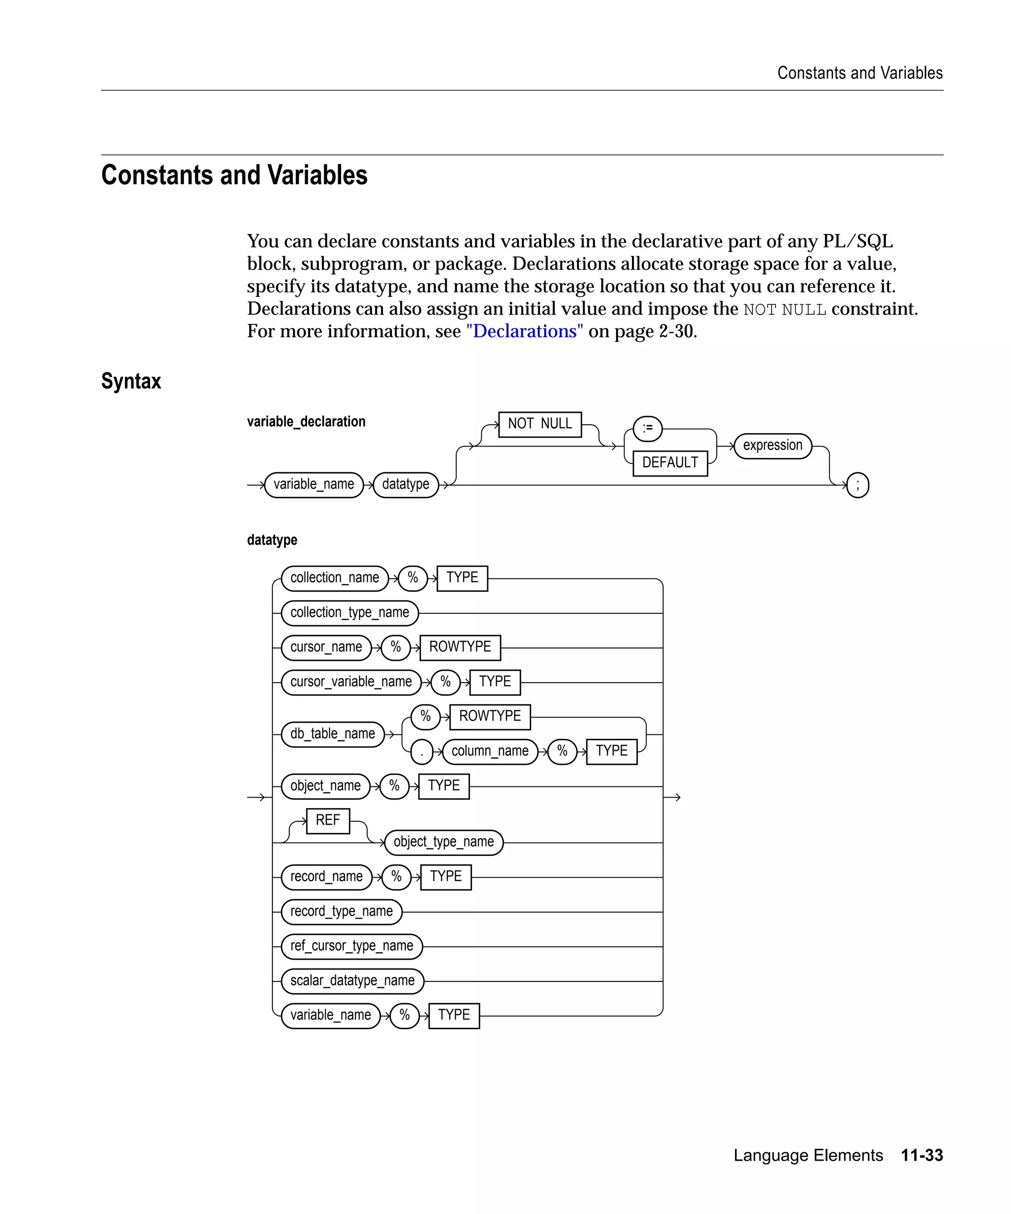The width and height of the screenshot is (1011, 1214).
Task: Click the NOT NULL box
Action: pyautogui.click(x=539, y=424)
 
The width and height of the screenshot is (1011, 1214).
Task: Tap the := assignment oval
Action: pyautogui.click(x=647, y=428)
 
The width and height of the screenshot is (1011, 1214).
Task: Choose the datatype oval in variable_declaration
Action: pyautogui.click(x=406, y=485)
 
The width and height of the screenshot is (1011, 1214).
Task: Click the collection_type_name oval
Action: pyautogui.click(x=349, y=613)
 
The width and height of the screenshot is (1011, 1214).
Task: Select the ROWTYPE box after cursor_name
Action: pyautogui.click(x=460, y=647)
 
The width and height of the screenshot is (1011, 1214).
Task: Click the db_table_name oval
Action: pyautogui.click(x=332, y=734)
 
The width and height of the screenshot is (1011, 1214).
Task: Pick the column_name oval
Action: pyautogui.click(x=489, y=752)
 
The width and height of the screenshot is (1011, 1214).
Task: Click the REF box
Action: pyautogui.click(x=328, y=820)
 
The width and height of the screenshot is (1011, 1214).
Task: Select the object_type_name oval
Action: pyautogui.click(x=443, y=842)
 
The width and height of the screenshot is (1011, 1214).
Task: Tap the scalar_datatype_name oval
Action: pyautogui.click(x=352, y=981)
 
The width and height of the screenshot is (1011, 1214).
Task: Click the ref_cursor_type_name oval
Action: pyautogui.click(x=351, y=946)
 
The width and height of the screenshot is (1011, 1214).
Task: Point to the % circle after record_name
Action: pyautogui.click(x=396, y=877)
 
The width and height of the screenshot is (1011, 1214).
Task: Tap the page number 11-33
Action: pyautogui.click(x=922, y=1155)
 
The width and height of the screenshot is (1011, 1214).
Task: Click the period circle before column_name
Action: pyautogui.click(x=422, y=752)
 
